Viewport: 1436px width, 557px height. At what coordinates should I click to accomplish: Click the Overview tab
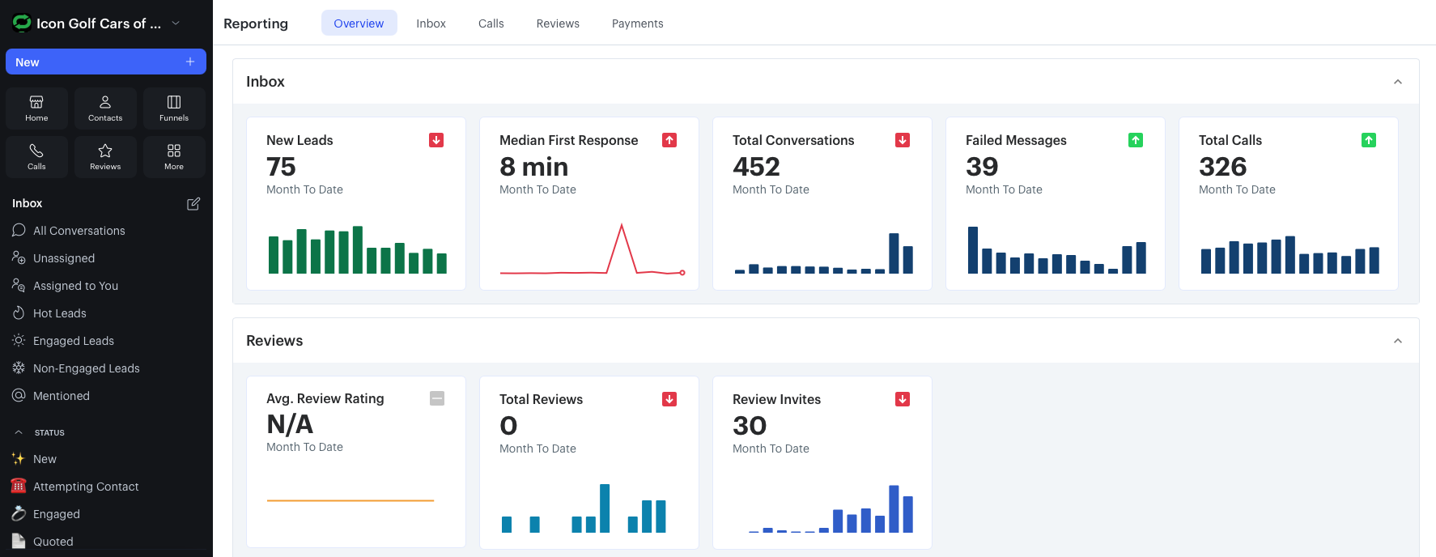[x=359, y=23]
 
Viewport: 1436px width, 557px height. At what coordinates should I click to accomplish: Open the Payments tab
[x=637, y=23]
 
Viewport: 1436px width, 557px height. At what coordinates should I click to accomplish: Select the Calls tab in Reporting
[x=491, y=23]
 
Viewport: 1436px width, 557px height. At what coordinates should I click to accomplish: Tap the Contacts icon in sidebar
[x=105, y=108]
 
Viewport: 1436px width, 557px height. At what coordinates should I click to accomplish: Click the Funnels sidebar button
[x=174, y=108]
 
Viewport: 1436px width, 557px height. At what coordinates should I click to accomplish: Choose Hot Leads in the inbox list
[x=59, y=313]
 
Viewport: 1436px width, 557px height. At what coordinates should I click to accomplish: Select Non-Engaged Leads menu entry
[x=86, y=368]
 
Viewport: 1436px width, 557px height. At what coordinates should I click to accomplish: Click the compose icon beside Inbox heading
[x=193, y=204]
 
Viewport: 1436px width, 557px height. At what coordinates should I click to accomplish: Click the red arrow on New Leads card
[x=436, y=140]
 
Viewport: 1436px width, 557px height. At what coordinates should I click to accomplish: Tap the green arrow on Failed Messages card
[x=1136, y=140]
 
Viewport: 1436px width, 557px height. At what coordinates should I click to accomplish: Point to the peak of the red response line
[x=622, y=226]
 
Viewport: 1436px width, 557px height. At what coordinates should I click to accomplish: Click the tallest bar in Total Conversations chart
[x=894, y=253]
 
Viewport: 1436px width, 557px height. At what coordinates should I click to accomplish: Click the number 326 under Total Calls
[x=1222, y=167]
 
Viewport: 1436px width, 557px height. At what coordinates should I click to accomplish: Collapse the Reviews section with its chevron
[x=1397, y=341]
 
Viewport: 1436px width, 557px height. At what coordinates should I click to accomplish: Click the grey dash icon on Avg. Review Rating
[x=437, y=398]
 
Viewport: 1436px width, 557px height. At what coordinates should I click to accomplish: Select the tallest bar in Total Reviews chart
[x=605, y=508]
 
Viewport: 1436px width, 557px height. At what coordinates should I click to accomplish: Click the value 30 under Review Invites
[x=750, y=426]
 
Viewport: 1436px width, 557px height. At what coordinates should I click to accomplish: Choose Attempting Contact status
[x=86, y=487]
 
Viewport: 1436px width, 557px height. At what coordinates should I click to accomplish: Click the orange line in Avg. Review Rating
[x=351, y=500]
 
